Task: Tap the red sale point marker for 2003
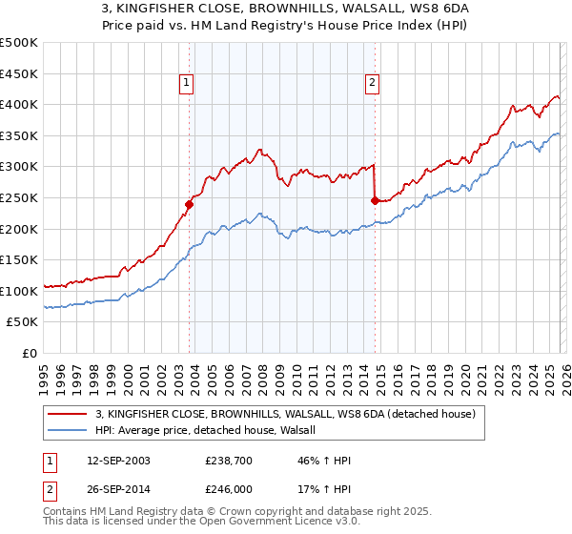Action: point(189,204)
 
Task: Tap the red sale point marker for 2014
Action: point(375,200)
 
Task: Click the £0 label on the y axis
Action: point(31,354)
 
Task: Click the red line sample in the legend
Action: point(69,414)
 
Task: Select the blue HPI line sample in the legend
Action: point(69,431)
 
